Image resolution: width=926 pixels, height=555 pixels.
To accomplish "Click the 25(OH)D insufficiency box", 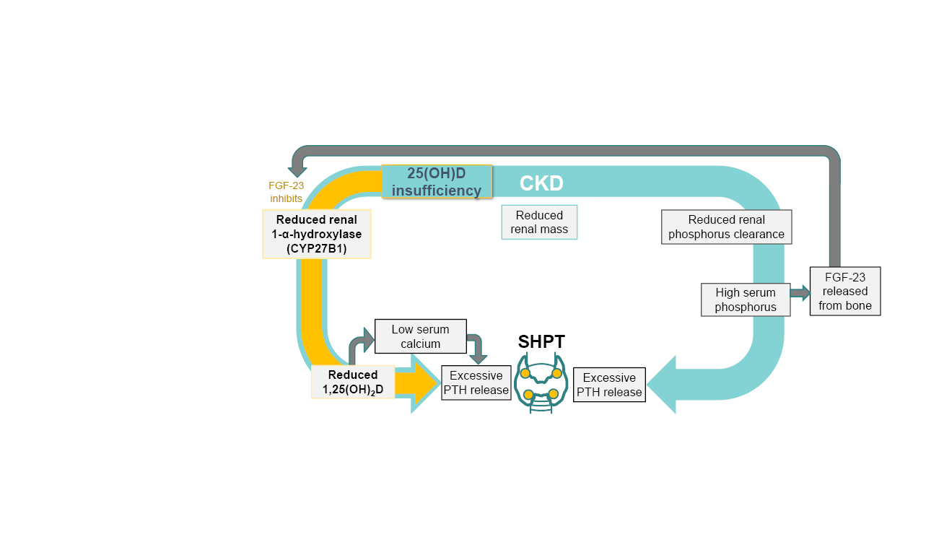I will click(437, 182).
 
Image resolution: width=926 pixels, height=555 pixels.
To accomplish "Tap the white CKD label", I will click(541, 184).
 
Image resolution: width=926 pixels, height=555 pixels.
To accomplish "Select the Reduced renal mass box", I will click(539, 222).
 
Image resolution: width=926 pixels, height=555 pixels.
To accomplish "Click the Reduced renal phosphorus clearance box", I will click(726, 227).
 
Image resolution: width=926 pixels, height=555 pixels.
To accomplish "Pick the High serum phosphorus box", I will click(745, 300).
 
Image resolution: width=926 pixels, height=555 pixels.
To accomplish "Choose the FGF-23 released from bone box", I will click(844, 291).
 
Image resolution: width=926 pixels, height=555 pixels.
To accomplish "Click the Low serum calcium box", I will click(420, 336).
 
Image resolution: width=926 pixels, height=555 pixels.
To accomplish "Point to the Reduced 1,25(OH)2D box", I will click(352, 383).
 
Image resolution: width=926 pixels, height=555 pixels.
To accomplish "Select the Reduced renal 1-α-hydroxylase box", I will click(317, 234).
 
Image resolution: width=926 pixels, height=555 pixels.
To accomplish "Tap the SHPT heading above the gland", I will click(541, 341).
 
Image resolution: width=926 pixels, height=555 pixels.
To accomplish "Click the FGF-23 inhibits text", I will click(286, 192).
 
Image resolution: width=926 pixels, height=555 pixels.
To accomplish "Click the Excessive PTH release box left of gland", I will click(476, 383).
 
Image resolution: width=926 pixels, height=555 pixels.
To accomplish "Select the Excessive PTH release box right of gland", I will click(609, 385).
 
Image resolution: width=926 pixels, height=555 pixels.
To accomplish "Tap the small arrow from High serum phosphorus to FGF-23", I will click(800, 292).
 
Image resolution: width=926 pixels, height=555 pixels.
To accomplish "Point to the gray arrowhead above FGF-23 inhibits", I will click(297, 171).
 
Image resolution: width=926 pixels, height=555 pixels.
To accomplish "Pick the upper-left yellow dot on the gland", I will click(525, 373).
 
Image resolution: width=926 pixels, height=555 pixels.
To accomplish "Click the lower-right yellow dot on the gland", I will click(554, 393).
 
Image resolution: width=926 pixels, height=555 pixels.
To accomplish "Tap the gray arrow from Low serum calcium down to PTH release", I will click(477, 349).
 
